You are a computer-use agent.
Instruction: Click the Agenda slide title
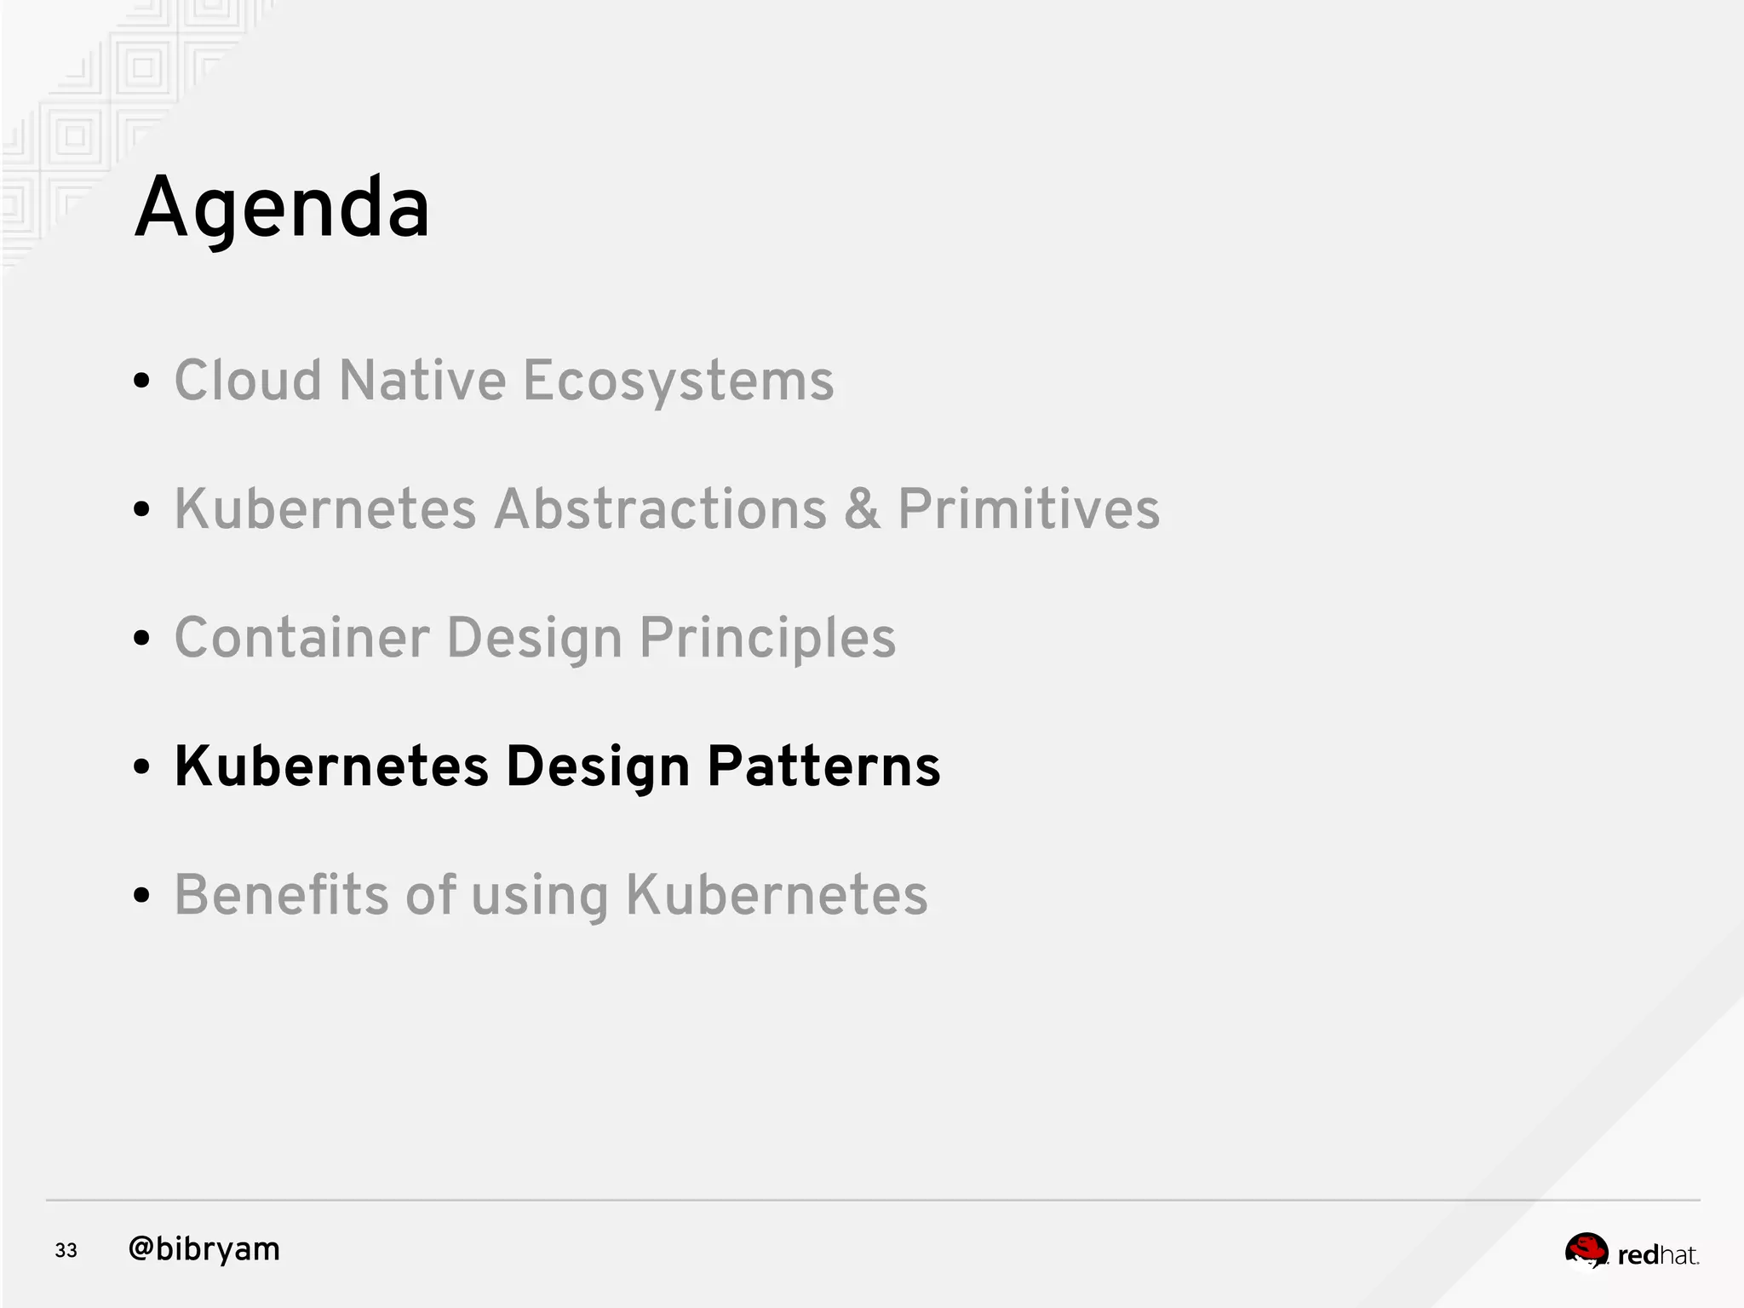(282, 209)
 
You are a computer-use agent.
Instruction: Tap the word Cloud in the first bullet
(248, 380)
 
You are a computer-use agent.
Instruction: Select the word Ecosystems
(678, 381)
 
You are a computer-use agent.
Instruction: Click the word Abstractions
(660, 509)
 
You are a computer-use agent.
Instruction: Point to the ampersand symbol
(862, 509)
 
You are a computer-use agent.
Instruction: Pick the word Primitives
(1029, 509)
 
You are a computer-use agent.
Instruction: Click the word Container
(301, 638)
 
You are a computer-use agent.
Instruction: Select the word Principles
(767, 640)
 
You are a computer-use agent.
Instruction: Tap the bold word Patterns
(823, 766)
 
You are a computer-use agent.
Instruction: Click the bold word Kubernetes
(331, 766)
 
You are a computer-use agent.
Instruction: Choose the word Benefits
(281, 895)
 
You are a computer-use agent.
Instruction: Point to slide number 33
(66, 1250)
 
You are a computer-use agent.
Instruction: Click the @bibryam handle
(204, 1249)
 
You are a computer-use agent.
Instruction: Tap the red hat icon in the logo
(1586, 1250)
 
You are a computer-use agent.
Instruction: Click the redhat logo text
(1657, 1255)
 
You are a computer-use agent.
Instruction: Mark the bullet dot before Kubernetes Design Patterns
(142, 767)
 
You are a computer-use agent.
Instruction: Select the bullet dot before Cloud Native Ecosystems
(142, 381)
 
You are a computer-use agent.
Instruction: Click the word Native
(422, 380)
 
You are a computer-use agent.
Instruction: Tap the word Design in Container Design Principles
(534, 640)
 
